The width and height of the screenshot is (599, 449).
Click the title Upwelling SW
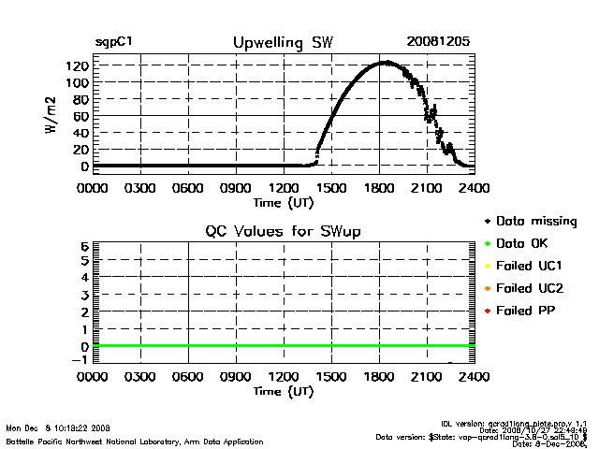283,43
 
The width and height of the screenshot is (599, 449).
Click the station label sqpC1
113,43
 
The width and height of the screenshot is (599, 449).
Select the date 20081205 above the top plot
438,43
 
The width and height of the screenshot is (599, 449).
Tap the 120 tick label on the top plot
78,65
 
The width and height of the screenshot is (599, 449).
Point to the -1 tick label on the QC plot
81,360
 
